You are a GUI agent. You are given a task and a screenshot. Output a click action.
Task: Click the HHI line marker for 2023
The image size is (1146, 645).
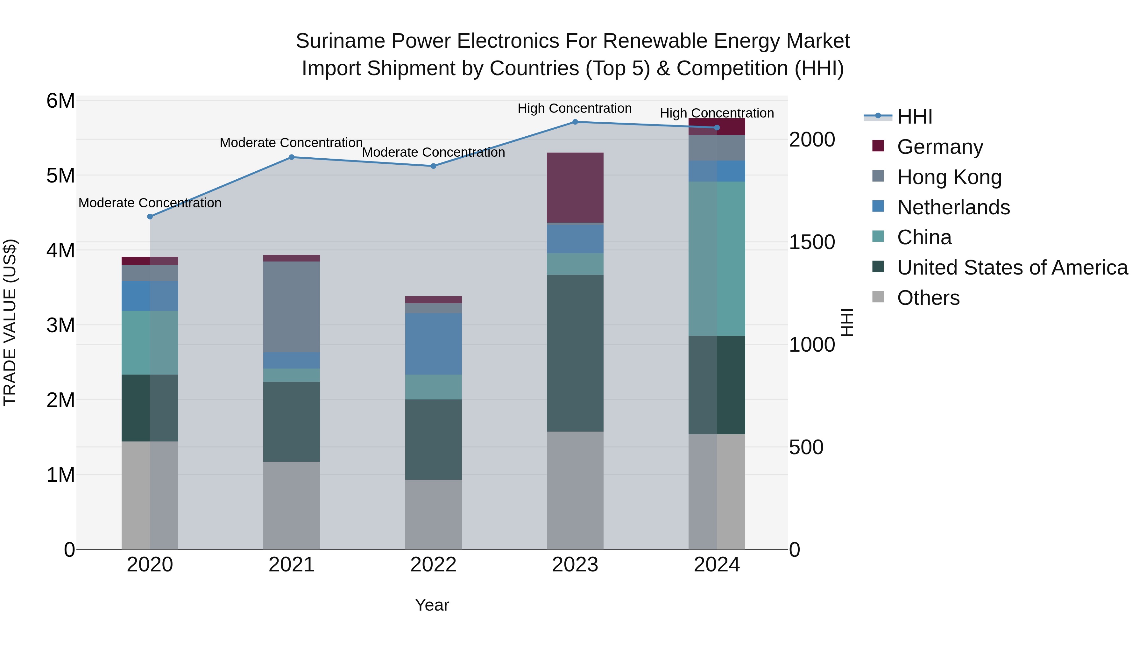click(x=575, y=122)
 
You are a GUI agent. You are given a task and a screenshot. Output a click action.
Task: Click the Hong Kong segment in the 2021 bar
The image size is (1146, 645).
click(x=291, y=307)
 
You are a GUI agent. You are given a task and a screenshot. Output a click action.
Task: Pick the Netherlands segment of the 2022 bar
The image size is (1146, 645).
click(x=433, y=344)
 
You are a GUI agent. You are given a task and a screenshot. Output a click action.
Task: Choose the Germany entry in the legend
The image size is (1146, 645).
click(x=940, y=147)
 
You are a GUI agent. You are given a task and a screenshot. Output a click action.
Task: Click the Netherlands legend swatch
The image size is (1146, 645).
click(x=878, y=206)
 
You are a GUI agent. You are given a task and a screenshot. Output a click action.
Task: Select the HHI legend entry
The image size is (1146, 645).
click(x=915, y=117)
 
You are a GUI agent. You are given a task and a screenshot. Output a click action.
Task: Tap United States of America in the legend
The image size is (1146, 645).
click(x=1012, y=268)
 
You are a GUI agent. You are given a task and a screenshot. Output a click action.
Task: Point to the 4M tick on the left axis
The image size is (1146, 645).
click(x=60, y=250)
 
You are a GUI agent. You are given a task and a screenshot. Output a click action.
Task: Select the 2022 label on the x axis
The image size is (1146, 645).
click(x=433, y=565)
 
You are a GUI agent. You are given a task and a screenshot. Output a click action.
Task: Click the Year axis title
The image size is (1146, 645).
click(x=432, y=605)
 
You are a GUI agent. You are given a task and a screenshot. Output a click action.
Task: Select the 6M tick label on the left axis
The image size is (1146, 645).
click(x=60, y=101)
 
